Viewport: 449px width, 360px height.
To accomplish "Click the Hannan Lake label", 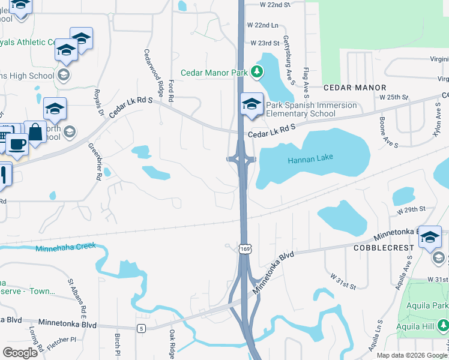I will click(310, 159).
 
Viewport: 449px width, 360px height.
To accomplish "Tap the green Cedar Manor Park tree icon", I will click(257, 73).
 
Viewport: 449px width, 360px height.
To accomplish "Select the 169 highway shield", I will click(244, 248).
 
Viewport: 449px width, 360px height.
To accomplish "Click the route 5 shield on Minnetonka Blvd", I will click(141, 328).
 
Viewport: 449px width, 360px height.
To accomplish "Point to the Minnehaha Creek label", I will click(65, 248).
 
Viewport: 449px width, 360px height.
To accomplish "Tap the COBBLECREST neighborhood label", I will click(384, 247).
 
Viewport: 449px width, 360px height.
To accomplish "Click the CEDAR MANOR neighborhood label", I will click(354, 88).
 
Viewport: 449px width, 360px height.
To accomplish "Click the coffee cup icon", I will click(17, 145).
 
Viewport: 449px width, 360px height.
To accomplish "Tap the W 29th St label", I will click(411, 209).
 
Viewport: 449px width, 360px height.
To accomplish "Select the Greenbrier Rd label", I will click(96, 161).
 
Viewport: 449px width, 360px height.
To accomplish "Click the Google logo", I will click(20, 352).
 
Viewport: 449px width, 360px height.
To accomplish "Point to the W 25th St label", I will click(394, 97).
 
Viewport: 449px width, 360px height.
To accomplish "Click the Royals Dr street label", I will click(98, 102).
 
